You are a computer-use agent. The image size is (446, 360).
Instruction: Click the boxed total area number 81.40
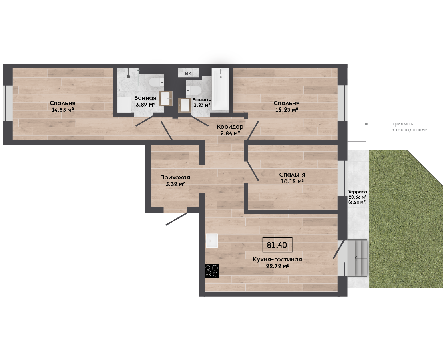click(x=277, y=245)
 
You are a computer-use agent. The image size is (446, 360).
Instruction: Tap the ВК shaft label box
click(x=188, y=73)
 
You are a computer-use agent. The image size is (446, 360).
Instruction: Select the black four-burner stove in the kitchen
click(x=212, y=270)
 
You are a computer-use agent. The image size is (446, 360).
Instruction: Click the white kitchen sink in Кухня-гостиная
click(x=212, y=241)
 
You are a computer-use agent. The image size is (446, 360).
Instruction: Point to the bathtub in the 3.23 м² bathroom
click(x=221, y=89)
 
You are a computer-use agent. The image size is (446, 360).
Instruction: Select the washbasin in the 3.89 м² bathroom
click(x=166, y=98)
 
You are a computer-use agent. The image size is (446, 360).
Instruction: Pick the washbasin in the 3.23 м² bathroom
click(x=185, y=105)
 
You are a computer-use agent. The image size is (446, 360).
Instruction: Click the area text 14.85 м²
click(x=63, y=110)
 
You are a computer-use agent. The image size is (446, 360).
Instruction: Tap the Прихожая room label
click(x=175, y=177)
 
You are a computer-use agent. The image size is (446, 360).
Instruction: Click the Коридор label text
click(x=230, y=127)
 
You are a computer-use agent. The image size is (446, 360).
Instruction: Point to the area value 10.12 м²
click(x=292, y=181)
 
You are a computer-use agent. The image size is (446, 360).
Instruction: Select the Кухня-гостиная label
click(x=277, y=259)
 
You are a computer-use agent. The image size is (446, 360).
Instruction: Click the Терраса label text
click(x=358, y=192)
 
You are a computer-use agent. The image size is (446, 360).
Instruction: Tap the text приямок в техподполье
click(x=409, y=127)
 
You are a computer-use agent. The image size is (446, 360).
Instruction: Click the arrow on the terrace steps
click(x=360, y=258)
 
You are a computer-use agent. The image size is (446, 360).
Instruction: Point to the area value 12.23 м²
click(x=287, y=110)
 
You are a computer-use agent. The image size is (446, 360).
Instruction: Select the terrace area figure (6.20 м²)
click(x=358, y=202)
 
